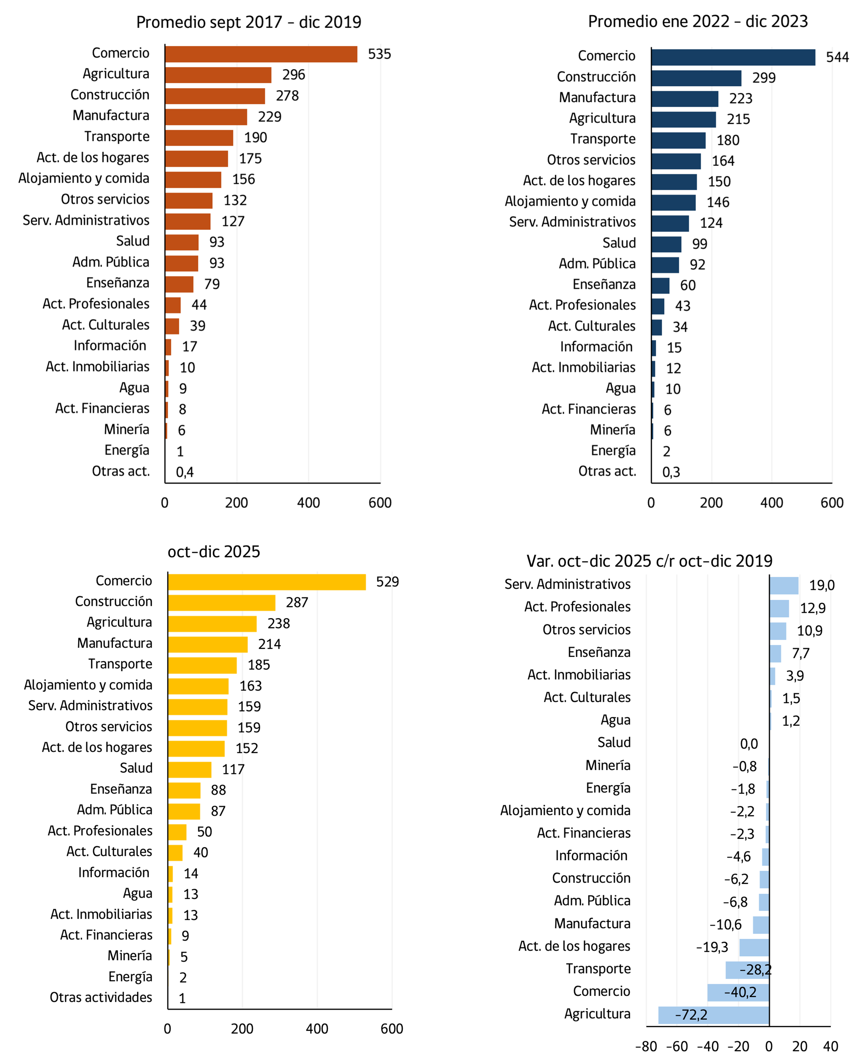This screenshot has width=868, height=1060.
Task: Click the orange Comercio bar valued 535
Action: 261,54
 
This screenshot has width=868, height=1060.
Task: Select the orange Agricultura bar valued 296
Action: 218,75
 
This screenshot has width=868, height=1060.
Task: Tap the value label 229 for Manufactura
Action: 269,117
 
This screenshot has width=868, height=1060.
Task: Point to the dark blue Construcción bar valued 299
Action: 696,78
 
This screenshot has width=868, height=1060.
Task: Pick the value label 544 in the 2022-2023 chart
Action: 837,57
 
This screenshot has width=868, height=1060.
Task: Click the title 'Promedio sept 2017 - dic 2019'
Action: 249,22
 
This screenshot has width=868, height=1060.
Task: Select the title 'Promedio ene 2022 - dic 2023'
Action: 697,22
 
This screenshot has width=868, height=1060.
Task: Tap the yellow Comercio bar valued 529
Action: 267,582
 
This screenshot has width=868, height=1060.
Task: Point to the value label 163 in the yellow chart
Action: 250,686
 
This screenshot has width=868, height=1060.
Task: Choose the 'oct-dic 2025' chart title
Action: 213,552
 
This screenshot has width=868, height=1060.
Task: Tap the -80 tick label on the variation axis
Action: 646,1046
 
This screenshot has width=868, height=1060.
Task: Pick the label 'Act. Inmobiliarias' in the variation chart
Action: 579,675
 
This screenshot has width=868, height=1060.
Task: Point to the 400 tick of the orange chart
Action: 308,503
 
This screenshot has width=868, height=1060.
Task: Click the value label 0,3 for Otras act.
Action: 671,472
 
